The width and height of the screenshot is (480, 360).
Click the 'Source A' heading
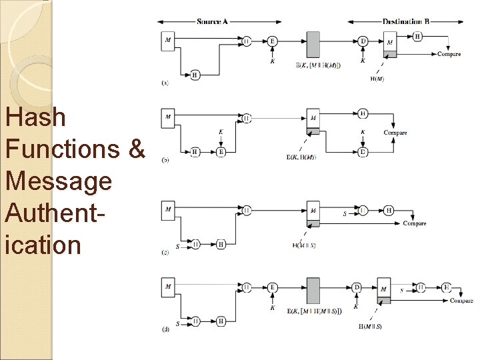tap(213, 21)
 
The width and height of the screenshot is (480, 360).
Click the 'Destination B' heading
tap(407, 21)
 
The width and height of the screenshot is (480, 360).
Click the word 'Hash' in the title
tap(35, 118)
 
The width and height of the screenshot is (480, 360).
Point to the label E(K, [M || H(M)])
tap(318, 65)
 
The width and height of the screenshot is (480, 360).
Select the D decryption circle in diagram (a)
tap(363, 41)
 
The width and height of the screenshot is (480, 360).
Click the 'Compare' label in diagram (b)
tap(395, 133)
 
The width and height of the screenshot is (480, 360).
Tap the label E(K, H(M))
tap(301, 157)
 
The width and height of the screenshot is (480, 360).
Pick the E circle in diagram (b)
tap(221, 152)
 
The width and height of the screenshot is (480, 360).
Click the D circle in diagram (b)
tap(363, 152)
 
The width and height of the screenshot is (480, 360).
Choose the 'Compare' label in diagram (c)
tap(415, 223)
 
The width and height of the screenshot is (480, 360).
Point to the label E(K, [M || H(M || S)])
tap(314, 311)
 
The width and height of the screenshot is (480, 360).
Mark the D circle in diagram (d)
tap(357, 287)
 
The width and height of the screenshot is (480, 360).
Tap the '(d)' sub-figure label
tap(165, 330)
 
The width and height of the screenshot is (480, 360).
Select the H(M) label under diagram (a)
tap(377, 79)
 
